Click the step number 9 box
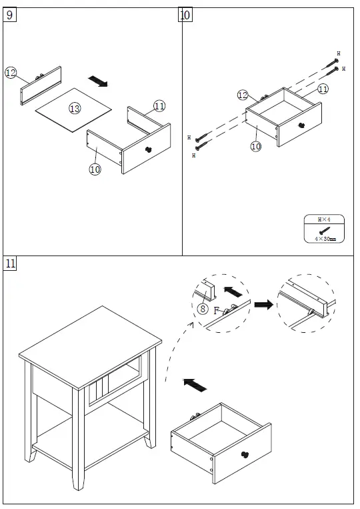pos(10,15)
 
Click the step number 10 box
pos(185,15)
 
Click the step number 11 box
pos(10,263)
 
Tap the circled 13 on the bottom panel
pos(74,108)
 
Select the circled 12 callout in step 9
pos(11,73)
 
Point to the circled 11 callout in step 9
pos(159,105)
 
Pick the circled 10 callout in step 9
pos(95,169)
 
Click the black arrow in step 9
pos(99,81)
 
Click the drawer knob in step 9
pos(147,149)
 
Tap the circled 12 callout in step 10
pos(243,95)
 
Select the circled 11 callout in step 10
pos(323,88)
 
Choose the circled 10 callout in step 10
pos(255,146)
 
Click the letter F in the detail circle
pos(217,310)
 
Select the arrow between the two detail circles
pos(264,305)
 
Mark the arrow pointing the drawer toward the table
pos(194,384)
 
